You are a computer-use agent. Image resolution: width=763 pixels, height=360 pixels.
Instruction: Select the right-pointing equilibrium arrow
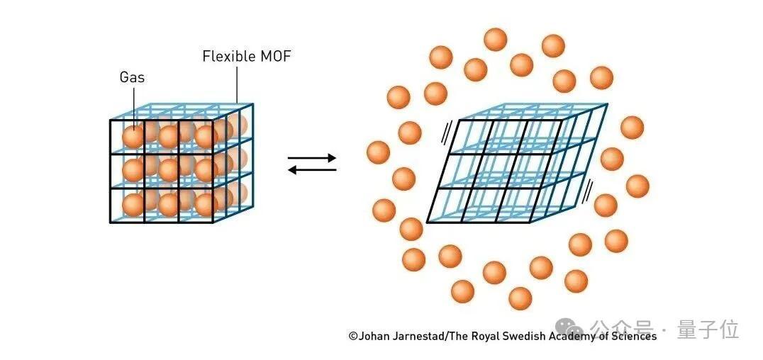coord(312,159)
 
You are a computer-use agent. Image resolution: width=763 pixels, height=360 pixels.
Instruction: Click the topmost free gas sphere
coord(496,40)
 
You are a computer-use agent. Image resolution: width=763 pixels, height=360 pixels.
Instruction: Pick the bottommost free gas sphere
coord(520,298)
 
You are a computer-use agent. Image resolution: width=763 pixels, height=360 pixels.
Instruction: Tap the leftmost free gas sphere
coord(379,152)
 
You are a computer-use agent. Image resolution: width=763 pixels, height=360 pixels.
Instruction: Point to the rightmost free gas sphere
coord(637,186)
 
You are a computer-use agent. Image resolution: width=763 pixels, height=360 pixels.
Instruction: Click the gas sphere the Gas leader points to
coord(133,136)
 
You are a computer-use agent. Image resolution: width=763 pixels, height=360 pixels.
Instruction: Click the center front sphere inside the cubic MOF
coord(168,170)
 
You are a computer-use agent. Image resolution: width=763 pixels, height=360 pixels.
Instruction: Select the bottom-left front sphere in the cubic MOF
coord(133,204)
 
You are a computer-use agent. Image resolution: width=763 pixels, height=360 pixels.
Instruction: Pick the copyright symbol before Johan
coord(352,337)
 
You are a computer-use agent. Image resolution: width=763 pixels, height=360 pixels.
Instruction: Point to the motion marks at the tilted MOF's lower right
coord(587,189)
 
